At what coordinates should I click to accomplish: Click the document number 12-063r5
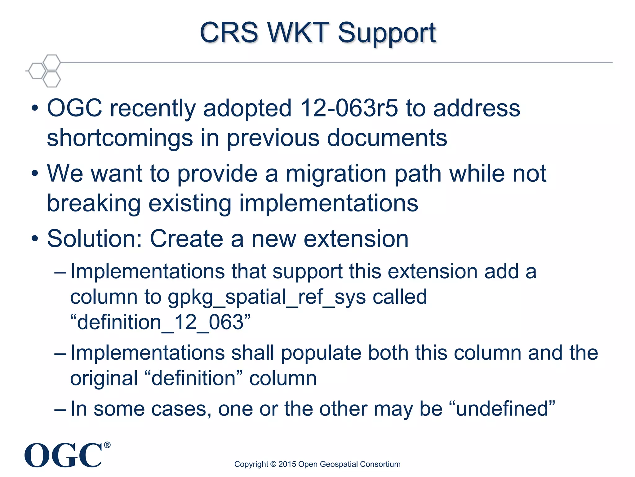pos(349,108)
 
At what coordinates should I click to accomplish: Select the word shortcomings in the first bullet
pos(120,138)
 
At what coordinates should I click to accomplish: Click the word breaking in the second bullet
pos(94,203)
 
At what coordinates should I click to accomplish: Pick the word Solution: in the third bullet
pos(95,238)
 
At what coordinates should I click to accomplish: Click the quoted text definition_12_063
pos(160,322)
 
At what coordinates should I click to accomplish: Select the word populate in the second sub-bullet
pos(321,353)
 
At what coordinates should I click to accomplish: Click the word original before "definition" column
pos(104,378)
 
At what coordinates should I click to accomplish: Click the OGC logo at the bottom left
pos(63,455)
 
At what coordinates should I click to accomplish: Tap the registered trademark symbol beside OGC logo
pos(107,445)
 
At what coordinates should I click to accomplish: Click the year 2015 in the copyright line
pos(287,464)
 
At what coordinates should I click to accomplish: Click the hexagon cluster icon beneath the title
pos(44,70)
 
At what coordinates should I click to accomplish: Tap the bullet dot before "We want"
pos(35,174)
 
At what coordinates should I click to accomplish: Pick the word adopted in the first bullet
pos(247,108)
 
